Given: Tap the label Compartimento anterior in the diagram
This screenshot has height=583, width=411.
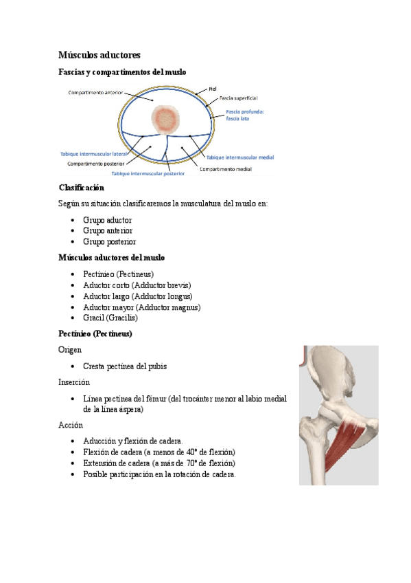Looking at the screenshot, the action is (95, 92).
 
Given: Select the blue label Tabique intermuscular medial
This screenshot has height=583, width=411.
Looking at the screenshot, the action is (240, 157).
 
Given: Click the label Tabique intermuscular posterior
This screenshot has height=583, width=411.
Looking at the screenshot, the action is (143, 174).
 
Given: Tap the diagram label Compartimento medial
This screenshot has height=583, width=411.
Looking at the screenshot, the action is (225, 168).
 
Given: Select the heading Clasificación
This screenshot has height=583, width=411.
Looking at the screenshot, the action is (82, 188).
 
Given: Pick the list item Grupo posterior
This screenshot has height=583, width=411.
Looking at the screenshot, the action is (109, 242).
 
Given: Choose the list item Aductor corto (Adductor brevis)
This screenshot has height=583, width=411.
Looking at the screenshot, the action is (137, 285).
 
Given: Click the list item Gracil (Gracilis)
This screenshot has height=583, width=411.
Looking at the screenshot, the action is (110, 318).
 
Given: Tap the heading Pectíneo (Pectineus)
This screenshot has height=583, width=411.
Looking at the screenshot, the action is (95, 333).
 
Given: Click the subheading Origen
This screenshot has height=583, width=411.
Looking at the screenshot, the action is (71, 350).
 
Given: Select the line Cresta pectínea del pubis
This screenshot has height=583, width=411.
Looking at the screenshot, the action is (125, 366).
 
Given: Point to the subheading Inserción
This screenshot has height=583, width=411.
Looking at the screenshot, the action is (74, 382).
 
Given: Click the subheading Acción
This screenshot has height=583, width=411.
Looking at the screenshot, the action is (71, 425).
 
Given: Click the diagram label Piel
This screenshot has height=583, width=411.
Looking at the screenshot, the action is (213, 88).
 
